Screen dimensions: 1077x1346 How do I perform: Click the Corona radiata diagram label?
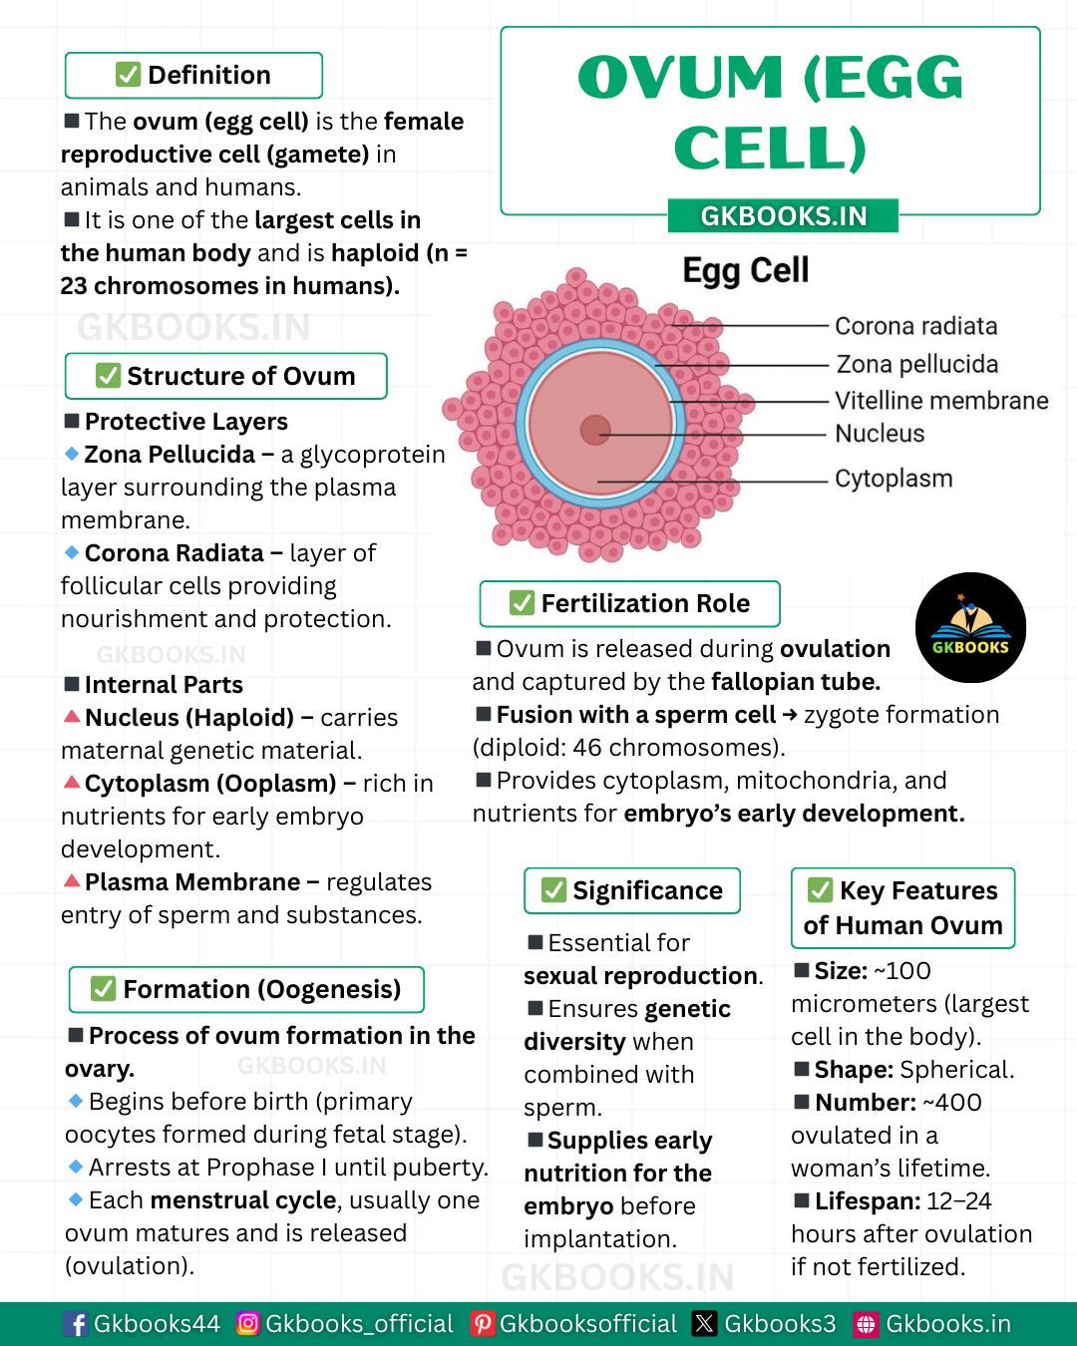pyautogui.click(x=915, y=326)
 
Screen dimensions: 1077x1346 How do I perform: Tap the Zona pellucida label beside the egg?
pyautogui.click(x=917, y=364)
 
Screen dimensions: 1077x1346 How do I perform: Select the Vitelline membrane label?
pyautogui.click(x=941, y=400)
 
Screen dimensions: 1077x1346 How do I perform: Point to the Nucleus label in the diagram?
pyautogui.click(x=880, y=433)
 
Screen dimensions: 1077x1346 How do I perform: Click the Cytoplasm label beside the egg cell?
pyautogui.click(x=894, y=479)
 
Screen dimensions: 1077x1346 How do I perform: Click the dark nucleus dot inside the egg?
pyautogui.click(x=595, y=431)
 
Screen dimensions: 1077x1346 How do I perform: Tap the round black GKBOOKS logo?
pyautogui.click(x=970, y=627)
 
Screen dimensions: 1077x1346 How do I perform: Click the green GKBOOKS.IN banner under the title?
pyautogui.click(x=783, y=215)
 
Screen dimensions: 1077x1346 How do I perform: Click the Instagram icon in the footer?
pyautogui.click(x=248, y=1323)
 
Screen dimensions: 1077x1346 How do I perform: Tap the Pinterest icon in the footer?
pyautogui.click(x=483, y=1323)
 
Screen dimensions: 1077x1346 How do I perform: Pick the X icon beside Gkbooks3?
pyautogui.click(x=704, y=1323)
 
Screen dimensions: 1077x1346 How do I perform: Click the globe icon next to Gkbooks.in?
pyautogui.click(x=867, y=1324)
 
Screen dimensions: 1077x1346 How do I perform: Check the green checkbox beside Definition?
pyautogui.click(x=128, y=75)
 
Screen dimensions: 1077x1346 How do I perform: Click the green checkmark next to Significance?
pyautogui.click(x=553, y=890)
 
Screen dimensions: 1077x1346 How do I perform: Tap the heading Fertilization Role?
pyautogui.click(x=645, y=603)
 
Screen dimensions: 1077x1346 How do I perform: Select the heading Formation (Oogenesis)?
pyautogui.click(x=261, y=989)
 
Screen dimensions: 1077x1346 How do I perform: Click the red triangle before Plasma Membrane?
pyautogui.click(x=72, y=880)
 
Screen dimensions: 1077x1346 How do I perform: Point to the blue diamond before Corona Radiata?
pyautogui.click(x=72, y=552)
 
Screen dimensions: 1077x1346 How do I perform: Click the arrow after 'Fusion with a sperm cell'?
pyautogui.click(x=789, y=714)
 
